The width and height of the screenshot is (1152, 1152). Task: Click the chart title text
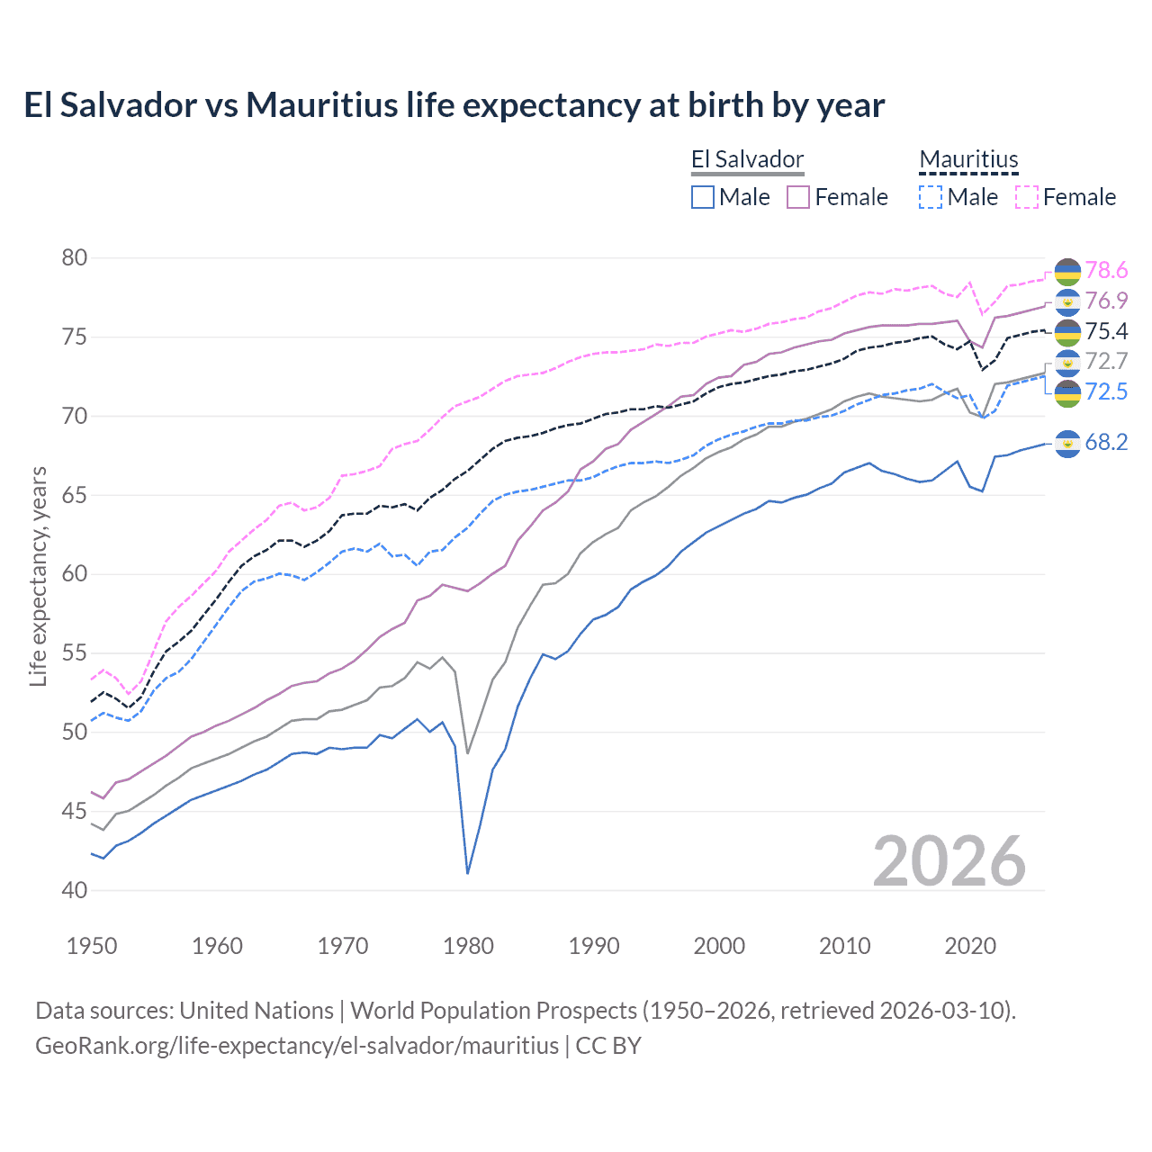(x=454, y=105)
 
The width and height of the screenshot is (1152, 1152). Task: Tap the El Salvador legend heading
(x=747, y=160)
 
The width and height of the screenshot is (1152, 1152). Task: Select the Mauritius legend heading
(x=968, y=160)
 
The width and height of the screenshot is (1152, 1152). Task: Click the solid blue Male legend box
(x=703, y=197)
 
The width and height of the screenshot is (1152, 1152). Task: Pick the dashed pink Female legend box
(x=1027, y=197)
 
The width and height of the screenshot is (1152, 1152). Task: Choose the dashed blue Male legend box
(x=931, y=197)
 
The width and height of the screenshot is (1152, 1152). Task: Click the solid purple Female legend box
(x=798, y=197)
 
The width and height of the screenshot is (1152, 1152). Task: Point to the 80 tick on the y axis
(x=75, y=258)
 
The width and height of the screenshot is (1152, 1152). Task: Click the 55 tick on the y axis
(x=75, y=653)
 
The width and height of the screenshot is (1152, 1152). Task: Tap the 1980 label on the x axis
(x=468, y=946)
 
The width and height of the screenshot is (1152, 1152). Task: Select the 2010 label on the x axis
(x=844, y=946)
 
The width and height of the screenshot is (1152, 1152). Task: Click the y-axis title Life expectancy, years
(x=38, y=576)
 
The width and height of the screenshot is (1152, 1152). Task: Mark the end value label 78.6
(x=1106, y=270)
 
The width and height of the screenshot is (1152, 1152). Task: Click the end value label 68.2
(x=1106, y=442)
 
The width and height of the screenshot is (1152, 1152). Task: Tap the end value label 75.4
(x=1106, y=331)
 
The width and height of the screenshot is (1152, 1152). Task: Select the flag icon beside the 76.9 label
(x=1067, y=301)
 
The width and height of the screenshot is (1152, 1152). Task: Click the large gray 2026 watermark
(x=949, y=861)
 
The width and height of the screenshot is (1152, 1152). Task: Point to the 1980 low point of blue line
(x=468, y=873)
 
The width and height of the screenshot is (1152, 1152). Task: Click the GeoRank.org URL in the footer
(x=297, y=1046)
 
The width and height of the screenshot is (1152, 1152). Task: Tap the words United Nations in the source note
(x=256, y=1011)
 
